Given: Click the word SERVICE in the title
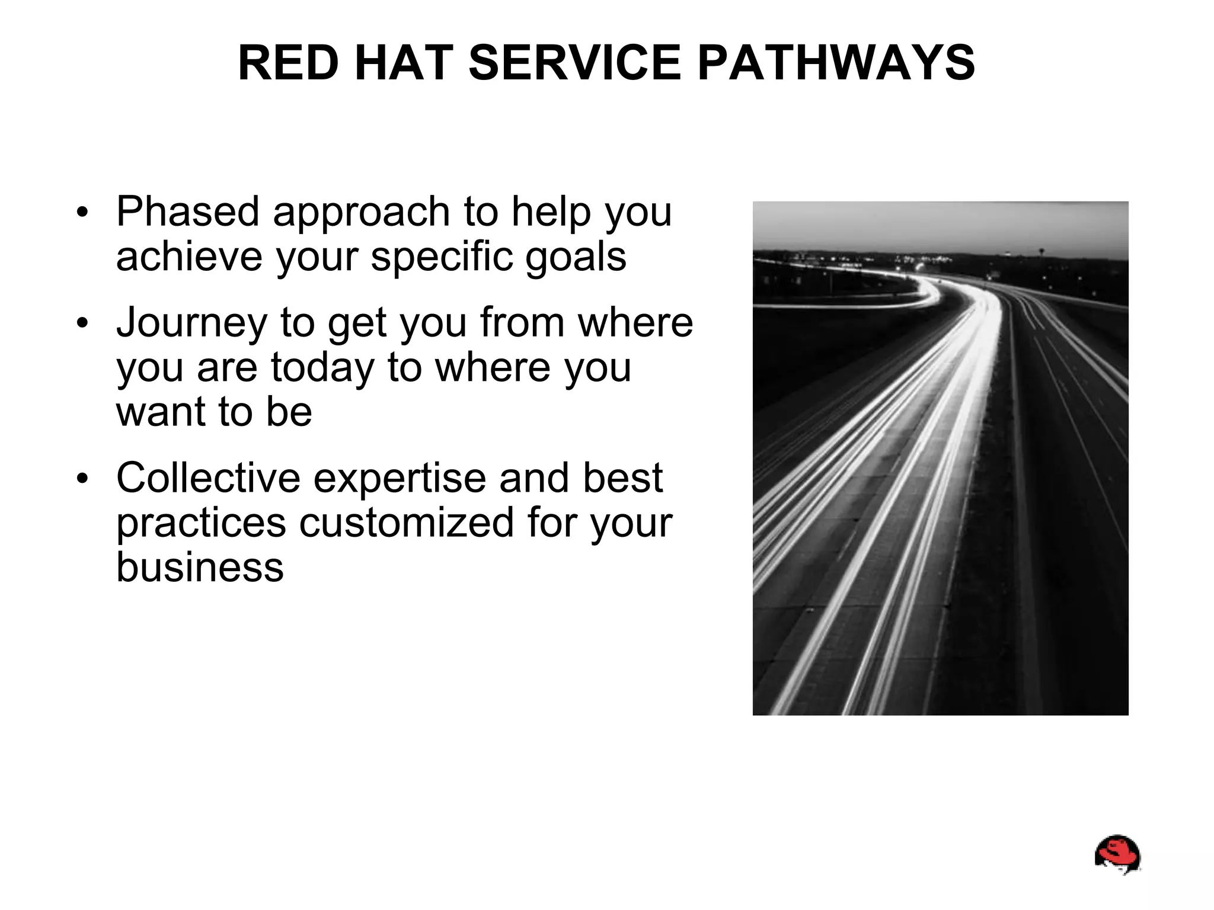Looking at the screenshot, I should [575, 63].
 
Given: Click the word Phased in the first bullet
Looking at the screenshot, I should [188, 212].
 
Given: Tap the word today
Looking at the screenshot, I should [322, 367].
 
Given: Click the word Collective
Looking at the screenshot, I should [208, 478].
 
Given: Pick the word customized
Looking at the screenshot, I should [406, 523].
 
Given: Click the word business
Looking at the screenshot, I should [200, 567].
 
